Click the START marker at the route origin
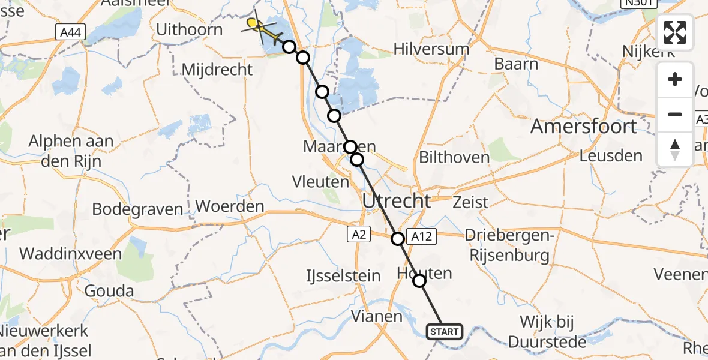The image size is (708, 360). click(x=445, y=331)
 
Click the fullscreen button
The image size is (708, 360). click(x=675, y=32)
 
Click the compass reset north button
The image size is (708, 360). click(x=675, y=149)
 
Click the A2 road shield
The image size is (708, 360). click(x=359, y=235)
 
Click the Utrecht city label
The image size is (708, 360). click(x=397, y=201)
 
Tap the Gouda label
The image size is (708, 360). click(x=109, y=292)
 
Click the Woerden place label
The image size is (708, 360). click(x=230, y=207)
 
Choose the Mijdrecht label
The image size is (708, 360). click(x=217, y=70)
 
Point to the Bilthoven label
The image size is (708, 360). click(x=454, y=157)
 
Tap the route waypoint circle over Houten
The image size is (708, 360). click(x=419, y=280)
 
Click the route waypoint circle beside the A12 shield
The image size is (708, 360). click(x=398, y=239)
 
